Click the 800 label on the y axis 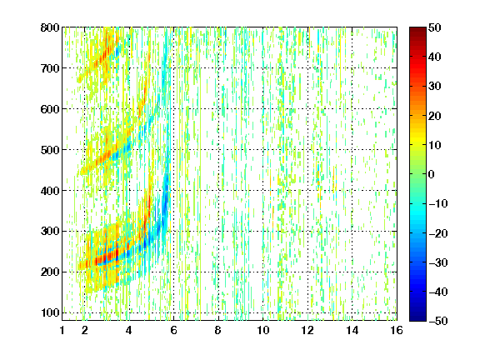coord(50,27)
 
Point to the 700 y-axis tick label coord(50,68)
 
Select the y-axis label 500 coord(50,150)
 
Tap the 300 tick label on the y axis coord(50,232)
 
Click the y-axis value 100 coord(50,312)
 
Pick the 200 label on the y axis coord(50,272)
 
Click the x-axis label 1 coord(62,330)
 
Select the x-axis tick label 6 coord(173,330)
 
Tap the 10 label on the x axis coord(263,330)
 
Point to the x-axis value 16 coord(397,330)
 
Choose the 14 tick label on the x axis coord(352,330)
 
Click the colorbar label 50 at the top coord(434,27)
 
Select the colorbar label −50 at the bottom coord(437,321)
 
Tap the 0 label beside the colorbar coord(432,174)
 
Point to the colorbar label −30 coord(437,262)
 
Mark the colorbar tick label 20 coord(434,116)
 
